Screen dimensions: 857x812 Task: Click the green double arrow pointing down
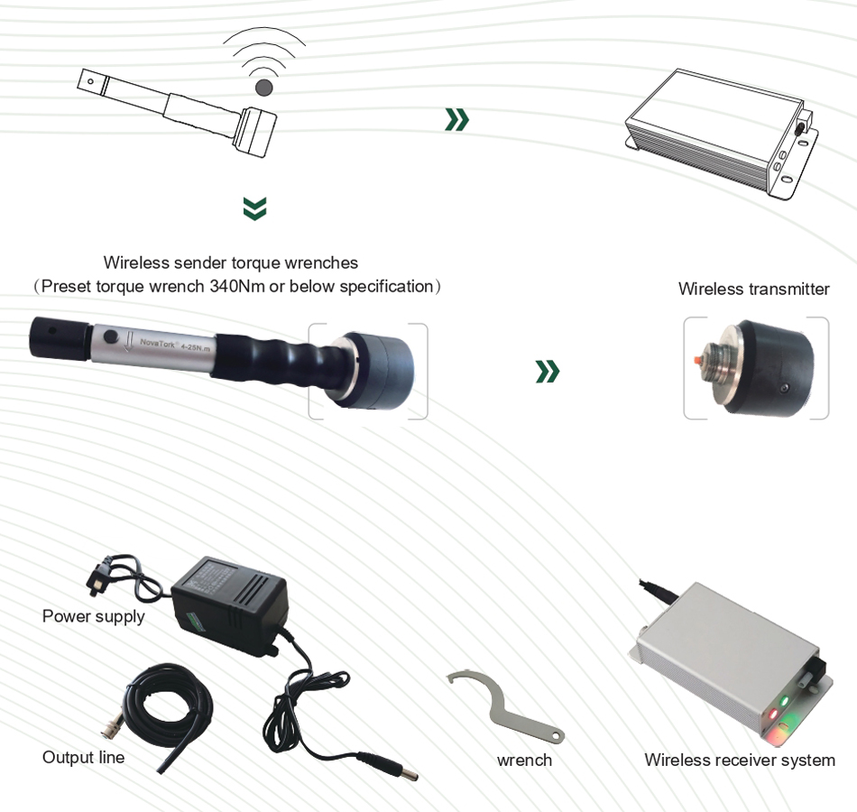pyautogui.click(x=254, y=208)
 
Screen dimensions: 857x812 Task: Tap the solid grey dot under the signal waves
pyautogui.click(x=264, y=88)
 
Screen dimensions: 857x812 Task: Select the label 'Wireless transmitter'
pyautogui.click(x=753, y=289)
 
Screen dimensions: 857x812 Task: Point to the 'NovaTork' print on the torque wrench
pyautogui.click(x=157, y=344)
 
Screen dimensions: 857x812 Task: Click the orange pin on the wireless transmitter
pyautogui.click(x=696, y=360)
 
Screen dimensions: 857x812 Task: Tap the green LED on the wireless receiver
pyautogui.click(x=785, y=700)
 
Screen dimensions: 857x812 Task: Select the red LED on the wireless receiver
pyautogui.click(x=773, y=714)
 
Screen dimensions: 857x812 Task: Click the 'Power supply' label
pyautogui.click(x=94, y=616)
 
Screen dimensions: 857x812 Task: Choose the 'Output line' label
pyautogui.click(x=84, y=757)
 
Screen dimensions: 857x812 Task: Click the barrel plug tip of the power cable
pyautogui.click(x=410, y=773)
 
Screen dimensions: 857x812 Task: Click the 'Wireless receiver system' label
pyautogui.click(x=740, y=760)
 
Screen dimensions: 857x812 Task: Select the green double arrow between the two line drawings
pyautogui.click(x=457, y=120)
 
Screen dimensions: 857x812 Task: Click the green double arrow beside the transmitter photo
pyautogui.click(x=548, y=372)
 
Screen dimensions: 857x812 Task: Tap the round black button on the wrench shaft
pyautogui.click(x=111, y=337)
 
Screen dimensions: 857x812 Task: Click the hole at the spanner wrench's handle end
pyautogui.click(x=556, y=736)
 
